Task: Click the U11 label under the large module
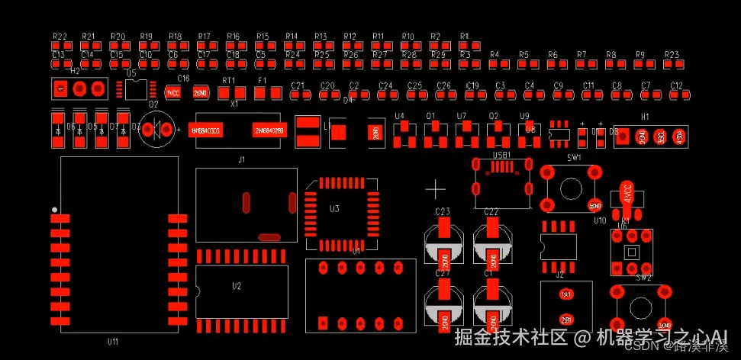tap(113, 342)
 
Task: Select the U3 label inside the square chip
tap(333, 208)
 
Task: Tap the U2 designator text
tap(237, 286)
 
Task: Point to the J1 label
tap(242, 160)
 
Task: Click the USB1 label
tap(501, 155)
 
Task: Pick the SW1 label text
tap(574, 157)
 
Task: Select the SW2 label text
tap(644, 277)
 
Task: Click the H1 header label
tap(645, 117)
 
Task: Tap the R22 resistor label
tap(60, 36)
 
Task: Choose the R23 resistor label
tap(672, 55)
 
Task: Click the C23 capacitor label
tap(443, 211)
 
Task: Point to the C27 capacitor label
tap(443, 272)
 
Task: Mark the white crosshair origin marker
tap(435, 188)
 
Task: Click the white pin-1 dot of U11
tap(53, 209)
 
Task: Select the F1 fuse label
tap(263, 80)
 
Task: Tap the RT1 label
tap(228, 80)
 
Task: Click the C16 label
tap(183, 79)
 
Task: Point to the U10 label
tap(599, 220)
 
